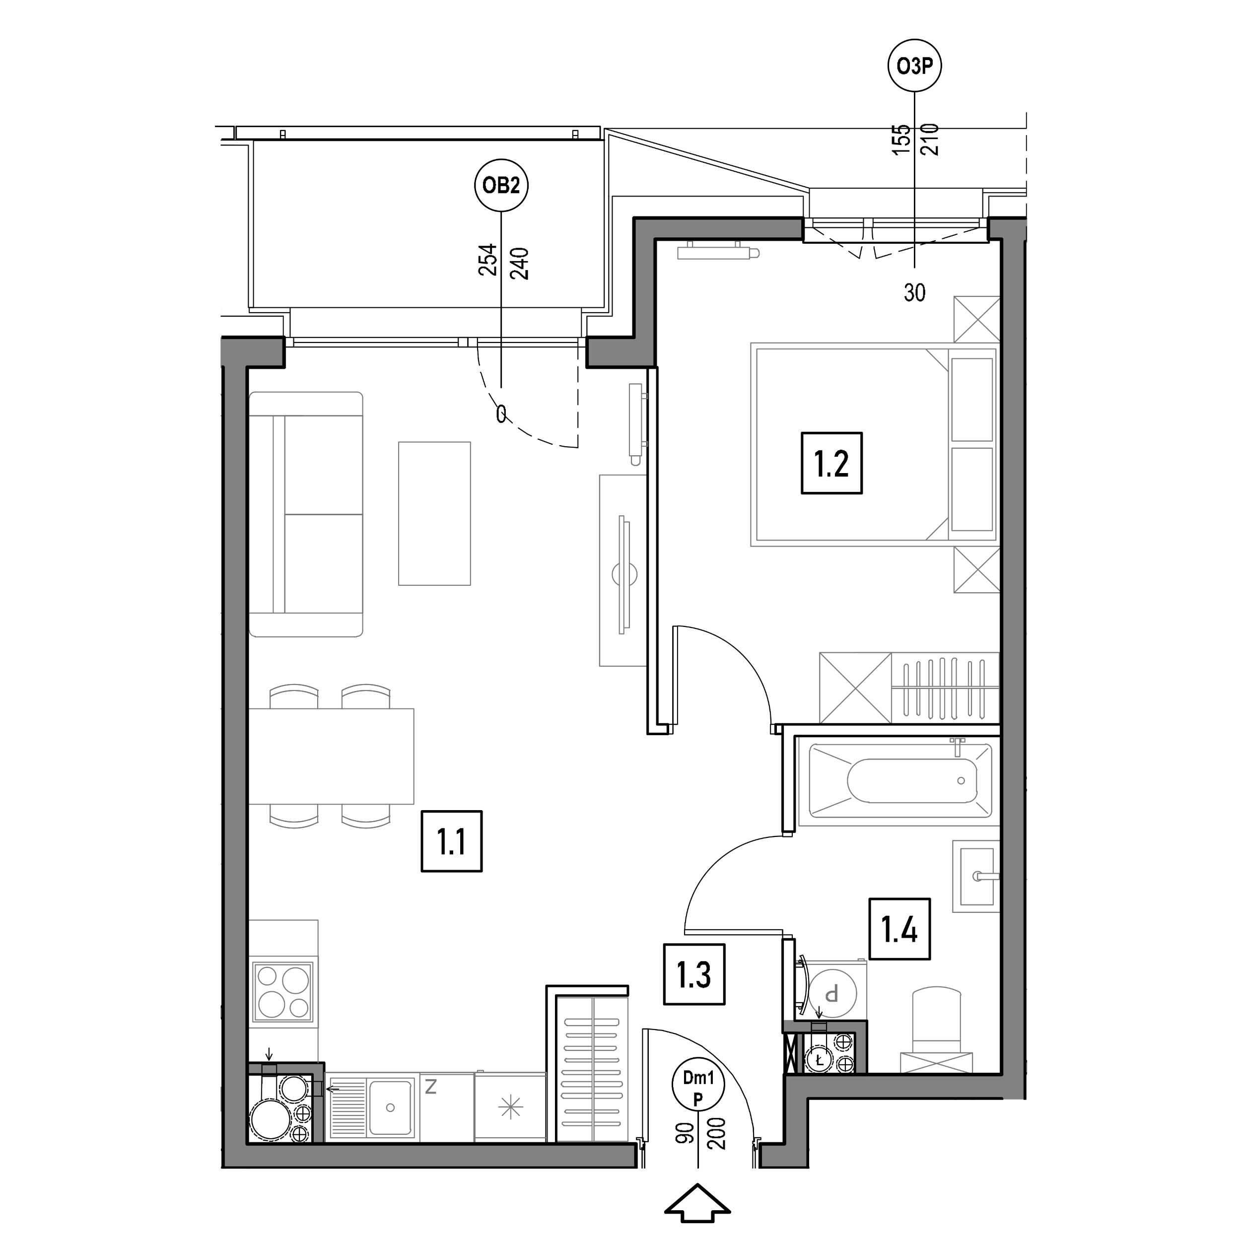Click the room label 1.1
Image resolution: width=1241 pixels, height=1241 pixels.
452,841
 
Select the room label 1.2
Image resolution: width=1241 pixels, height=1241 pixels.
832,463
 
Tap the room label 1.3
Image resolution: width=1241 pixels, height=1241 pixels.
694,974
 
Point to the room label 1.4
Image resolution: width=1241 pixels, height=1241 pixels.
900,929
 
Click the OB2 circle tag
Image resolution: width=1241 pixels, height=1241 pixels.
501,186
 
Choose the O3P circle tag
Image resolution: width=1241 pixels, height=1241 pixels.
915,66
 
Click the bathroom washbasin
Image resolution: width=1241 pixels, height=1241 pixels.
976,876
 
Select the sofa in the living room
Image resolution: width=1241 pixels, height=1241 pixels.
306,514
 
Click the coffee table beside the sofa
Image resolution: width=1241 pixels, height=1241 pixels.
434,513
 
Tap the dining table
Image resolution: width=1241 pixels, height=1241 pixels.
331,756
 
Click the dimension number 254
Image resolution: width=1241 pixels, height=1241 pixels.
488,260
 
